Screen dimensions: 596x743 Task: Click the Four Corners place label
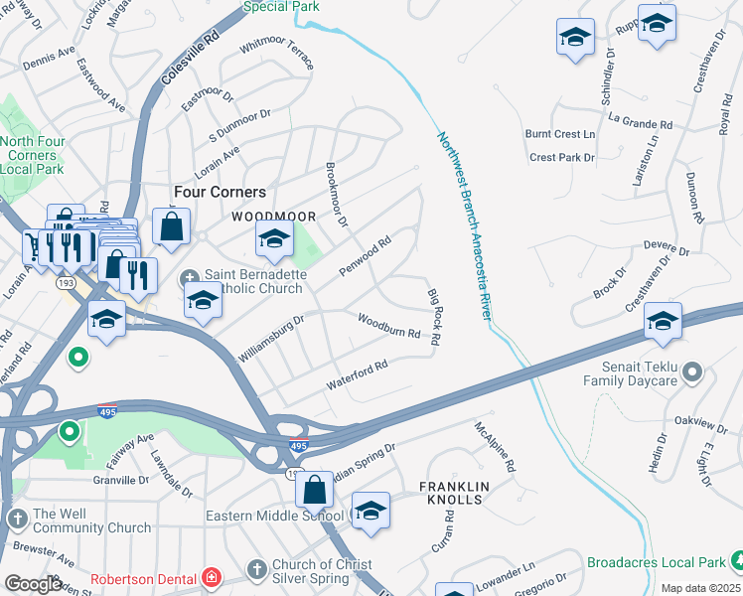(x=220, y=192)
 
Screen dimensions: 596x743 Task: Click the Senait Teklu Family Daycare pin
(x=693, y=373)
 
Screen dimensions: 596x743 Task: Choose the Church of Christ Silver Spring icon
(x=257, y=568)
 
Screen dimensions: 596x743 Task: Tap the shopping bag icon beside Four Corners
(x=172, y=225)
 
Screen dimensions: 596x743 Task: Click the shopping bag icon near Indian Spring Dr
(x=314, y=489)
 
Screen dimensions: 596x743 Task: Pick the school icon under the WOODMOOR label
(x=274, y=238)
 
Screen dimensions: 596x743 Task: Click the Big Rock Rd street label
(x=434, y=318)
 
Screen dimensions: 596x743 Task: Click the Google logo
(x=34, y=583)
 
